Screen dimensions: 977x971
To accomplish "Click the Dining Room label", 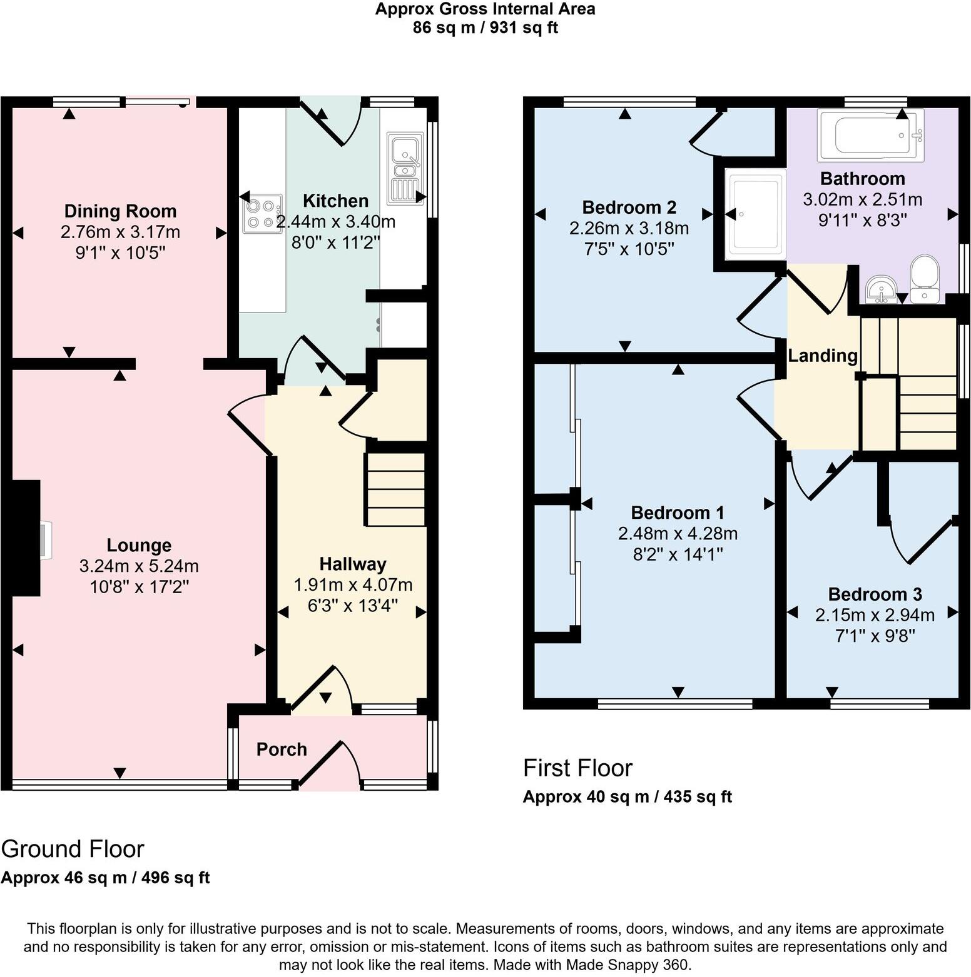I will click(120, 211).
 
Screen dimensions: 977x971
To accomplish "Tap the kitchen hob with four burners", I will click(262, 214).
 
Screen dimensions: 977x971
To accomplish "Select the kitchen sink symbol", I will click(404, 168).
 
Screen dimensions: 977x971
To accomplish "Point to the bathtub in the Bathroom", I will click(870, 134).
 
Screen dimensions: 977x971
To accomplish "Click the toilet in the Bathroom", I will click(924, 279).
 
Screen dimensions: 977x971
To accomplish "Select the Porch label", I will click(282, 749).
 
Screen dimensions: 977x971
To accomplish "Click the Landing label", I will click(822, 356).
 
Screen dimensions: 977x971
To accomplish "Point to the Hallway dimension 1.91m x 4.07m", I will click(353, 585).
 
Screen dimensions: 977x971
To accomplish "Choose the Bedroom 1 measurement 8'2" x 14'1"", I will click(678, 554).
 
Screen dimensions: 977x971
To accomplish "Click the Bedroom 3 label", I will click(875, 594).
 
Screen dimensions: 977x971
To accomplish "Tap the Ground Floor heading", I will click(73, 849).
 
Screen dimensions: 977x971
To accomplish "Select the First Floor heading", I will click(577, 768).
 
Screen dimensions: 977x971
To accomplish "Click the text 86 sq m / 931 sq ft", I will click(485, 28).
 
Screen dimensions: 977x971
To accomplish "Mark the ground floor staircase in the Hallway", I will click(395, 489).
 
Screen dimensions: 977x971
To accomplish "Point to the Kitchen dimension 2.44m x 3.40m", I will click(336, 222).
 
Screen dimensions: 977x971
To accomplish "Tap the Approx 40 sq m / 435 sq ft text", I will click(627, 797).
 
